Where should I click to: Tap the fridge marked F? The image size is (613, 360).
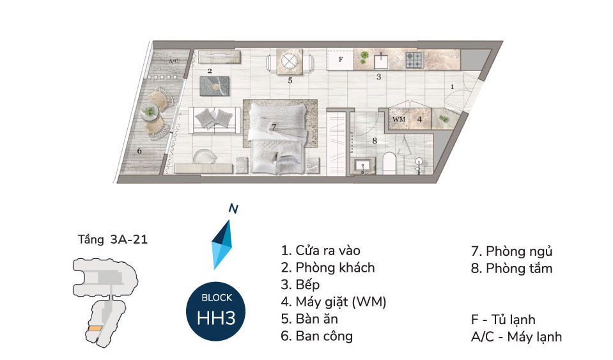341,61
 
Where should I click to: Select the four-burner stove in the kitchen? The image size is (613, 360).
414,61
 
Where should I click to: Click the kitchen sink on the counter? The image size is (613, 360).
381,61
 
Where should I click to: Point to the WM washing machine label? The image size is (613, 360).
399,119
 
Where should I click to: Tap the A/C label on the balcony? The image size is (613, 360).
173,61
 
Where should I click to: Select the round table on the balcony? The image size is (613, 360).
150,113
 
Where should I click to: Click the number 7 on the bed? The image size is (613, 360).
273,127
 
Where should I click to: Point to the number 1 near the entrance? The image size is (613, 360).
451,86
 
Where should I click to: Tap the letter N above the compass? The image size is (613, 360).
233,208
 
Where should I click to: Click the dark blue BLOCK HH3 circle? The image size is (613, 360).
214,310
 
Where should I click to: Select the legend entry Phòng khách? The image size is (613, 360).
327,267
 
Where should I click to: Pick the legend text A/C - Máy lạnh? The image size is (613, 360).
515,336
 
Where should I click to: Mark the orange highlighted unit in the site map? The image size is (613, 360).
95,329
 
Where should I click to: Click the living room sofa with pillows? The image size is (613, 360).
215,119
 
